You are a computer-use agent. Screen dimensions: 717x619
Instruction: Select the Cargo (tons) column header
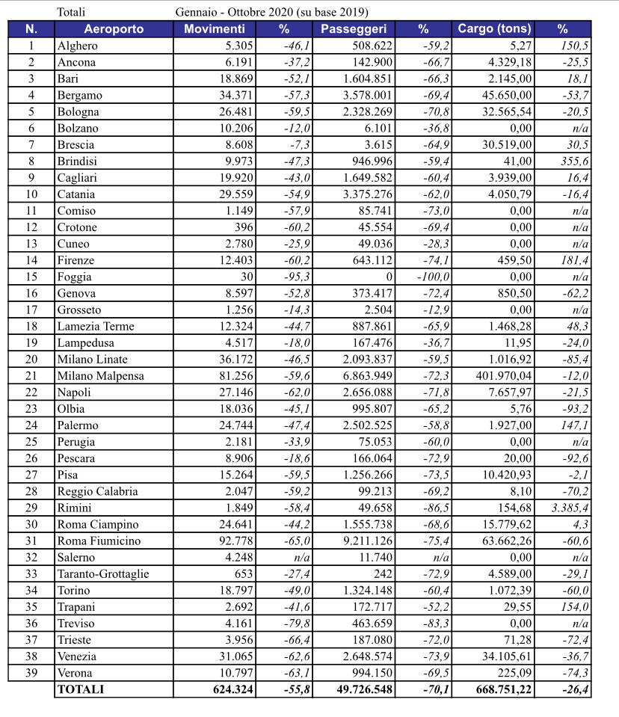click(498, 29)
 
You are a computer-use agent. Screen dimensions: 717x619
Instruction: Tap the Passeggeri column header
click(353, 29)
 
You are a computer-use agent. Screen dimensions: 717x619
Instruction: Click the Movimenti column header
click(214, 29)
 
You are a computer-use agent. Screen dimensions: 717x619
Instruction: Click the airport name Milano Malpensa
click(100, 375)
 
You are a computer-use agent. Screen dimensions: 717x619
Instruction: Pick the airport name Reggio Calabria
click(95, 491)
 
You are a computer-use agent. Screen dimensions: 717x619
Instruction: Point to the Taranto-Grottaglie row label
click(102, 574)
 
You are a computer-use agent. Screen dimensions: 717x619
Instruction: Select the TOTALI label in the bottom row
click(81, 689)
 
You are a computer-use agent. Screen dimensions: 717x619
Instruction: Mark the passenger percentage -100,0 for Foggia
click(432, 277)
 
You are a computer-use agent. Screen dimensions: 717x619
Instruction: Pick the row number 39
click(31, 673)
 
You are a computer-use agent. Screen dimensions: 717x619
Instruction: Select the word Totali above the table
click(71, 12)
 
